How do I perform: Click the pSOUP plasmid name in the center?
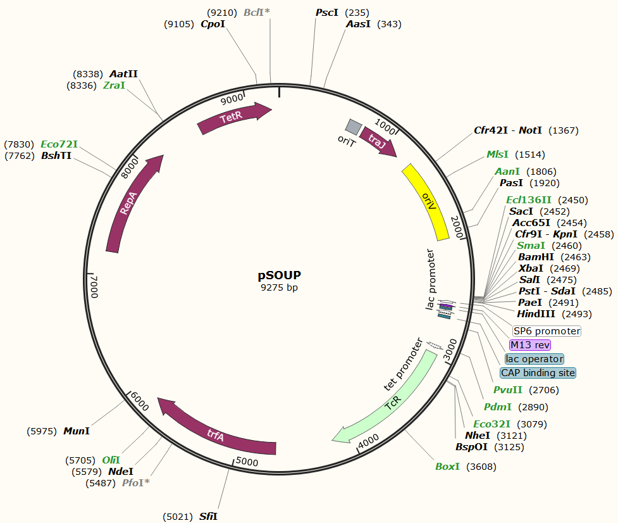tap(279, 275)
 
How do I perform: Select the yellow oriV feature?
tap(426, 201)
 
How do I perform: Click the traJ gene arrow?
tap(377, 142)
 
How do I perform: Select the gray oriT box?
tap(353, 127)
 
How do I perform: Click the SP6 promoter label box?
tap(547, 331)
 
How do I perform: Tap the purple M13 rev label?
tap(530, 345)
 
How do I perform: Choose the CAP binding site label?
tap(538, 373)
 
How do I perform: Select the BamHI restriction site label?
tap(536, 257)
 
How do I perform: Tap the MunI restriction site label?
tap(77, 431)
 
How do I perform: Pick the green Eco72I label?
tap(59, 144)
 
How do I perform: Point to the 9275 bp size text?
tap(279, 287)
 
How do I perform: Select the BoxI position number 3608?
tap(481, 467)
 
